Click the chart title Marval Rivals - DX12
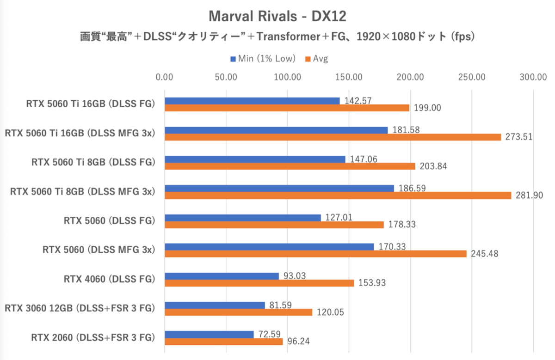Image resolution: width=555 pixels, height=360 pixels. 277,17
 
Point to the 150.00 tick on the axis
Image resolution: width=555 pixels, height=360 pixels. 349,77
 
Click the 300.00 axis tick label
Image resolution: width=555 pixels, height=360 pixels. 533,77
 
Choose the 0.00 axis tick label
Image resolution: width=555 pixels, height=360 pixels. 165,77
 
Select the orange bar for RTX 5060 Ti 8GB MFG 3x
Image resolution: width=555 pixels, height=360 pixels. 338,195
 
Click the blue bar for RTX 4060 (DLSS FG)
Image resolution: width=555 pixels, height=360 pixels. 222,276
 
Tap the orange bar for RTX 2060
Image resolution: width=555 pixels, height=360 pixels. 223,342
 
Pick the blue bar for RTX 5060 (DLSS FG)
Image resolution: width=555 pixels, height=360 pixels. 243,218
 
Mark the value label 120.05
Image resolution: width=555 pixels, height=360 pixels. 332,312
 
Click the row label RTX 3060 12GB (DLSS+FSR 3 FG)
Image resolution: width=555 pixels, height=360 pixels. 80,308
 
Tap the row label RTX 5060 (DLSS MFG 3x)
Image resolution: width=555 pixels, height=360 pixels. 99,250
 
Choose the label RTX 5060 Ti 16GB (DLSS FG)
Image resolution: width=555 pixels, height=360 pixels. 90,104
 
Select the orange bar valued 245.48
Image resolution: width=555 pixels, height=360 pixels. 315,254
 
